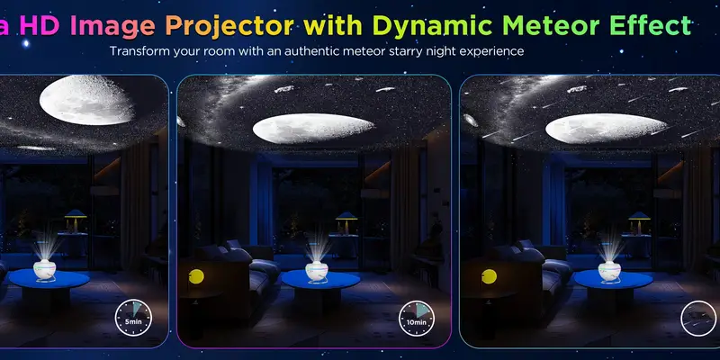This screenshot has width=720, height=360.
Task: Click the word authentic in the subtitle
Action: click(331, 51)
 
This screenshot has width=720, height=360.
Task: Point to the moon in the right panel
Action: click(594, 129)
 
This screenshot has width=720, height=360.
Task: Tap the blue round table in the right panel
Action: click(613, 280)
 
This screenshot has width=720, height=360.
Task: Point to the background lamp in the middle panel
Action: click(346, 219)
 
